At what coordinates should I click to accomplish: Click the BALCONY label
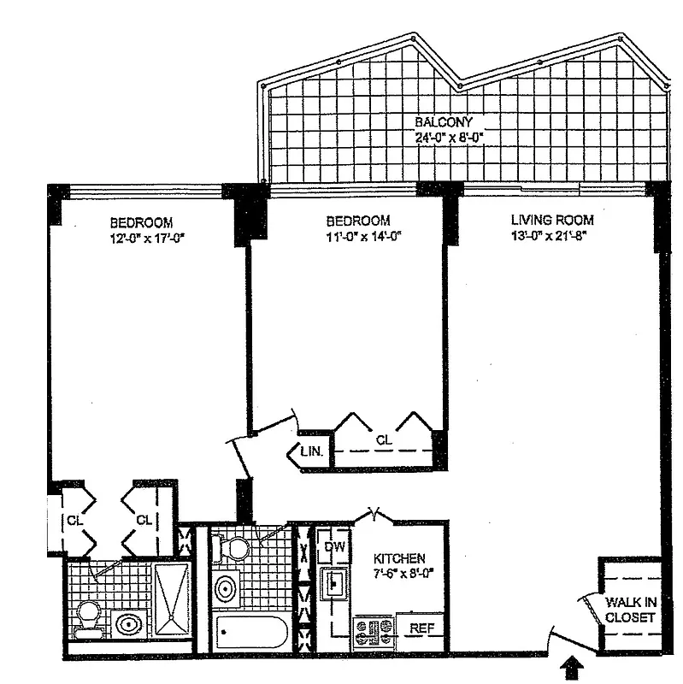click(444, 122)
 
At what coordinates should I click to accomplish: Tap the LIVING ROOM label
click(546, 220)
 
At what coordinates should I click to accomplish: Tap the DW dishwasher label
click(334, 545)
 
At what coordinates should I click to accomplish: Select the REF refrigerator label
click(419, 628)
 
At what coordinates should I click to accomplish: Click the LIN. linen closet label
click(310, 452)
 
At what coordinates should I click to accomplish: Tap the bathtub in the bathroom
click(251, 634)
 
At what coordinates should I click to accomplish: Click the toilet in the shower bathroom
click(88, 617)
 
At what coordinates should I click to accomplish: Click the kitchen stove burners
click(374, 633)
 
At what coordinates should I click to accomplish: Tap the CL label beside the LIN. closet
click(385, 439)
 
